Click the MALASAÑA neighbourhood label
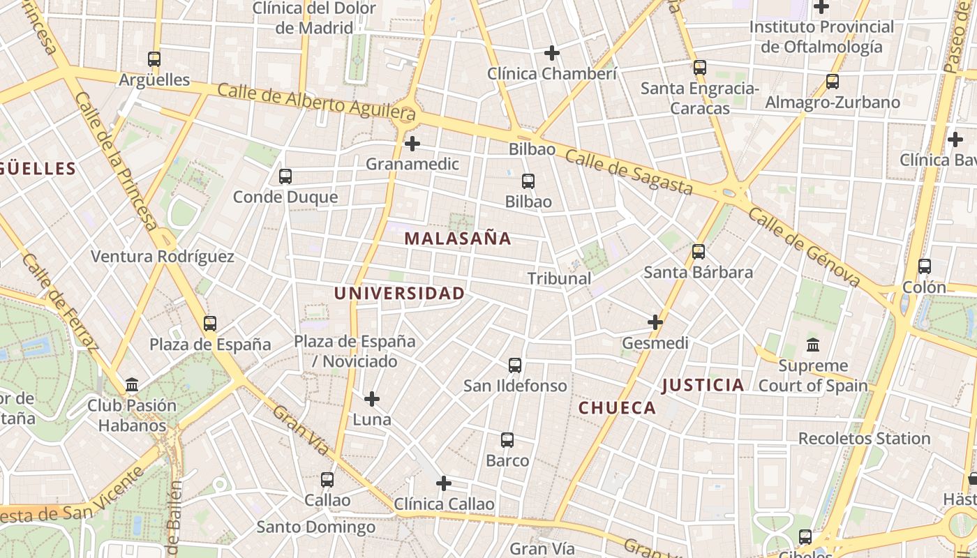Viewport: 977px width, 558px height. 458,239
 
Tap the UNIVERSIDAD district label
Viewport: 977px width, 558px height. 399,294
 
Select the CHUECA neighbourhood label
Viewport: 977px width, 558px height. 618,408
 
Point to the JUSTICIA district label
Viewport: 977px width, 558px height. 703,385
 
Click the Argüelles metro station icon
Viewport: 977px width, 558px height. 154,59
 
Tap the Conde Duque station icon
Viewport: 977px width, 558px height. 285,176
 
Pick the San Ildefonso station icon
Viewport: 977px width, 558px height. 515,365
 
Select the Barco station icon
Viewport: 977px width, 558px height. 507,440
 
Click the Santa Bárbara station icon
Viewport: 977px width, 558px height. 699,252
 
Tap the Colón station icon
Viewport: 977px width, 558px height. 925,266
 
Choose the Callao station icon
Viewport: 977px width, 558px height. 327,480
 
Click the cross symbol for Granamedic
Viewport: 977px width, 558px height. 412,144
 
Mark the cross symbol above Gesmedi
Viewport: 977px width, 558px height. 655,322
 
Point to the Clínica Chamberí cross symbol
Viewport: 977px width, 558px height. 552,53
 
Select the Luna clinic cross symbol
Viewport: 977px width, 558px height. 372,399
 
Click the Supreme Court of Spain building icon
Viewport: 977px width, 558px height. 813,345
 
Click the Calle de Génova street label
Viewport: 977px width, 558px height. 804,246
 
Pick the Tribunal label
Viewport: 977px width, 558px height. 559,278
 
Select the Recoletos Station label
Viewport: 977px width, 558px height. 864,439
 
